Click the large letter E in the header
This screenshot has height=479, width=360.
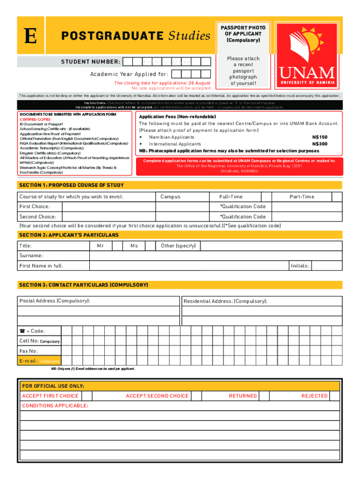tap(30, 37)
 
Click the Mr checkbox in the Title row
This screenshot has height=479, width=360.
tap(117, 246)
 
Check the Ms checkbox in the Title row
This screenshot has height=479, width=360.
tap(151, 246)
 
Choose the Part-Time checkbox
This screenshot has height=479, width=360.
tap(336, 197)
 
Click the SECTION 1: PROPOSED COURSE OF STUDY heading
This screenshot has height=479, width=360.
tap(72, 185)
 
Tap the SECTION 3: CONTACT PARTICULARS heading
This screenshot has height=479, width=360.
tap(83, 285)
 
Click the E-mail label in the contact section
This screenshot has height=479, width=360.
tap(28, 361)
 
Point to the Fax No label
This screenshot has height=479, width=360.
tap(29, 351)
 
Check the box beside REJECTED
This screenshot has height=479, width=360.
tap(335, 396)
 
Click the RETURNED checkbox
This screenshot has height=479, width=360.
tap(264, 396)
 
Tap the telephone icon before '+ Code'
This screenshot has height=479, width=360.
tap(22, 331)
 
